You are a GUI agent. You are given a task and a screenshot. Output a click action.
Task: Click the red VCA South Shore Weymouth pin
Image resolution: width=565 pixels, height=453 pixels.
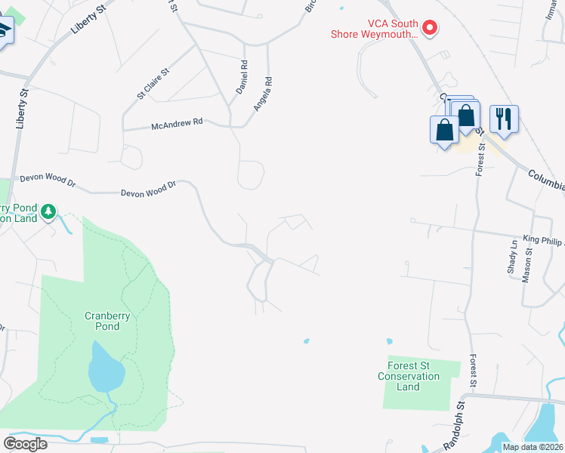(430, 29)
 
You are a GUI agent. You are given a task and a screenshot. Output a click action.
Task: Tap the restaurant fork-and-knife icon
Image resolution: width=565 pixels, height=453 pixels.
(503, 119)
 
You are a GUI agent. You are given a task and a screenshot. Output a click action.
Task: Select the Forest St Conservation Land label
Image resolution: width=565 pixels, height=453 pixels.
(409, 376)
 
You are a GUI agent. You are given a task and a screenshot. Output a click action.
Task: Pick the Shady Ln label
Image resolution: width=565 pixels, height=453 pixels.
(513, 257)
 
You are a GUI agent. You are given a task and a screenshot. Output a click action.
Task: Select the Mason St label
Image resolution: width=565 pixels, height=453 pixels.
(527, 268)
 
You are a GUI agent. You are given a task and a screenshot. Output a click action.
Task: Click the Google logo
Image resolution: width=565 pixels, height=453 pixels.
(25, 444)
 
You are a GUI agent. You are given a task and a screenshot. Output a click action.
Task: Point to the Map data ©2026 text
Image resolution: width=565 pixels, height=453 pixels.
(532, 447)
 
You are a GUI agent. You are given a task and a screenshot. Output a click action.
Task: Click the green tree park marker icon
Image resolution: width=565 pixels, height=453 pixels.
(49, 211)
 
